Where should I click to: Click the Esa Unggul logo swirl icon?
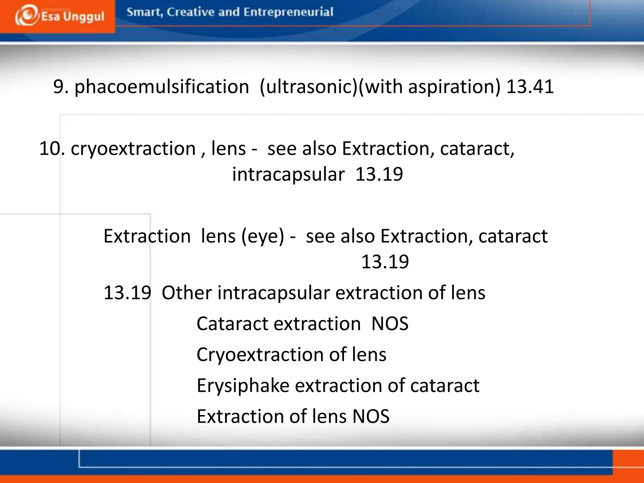(x=26, y=16)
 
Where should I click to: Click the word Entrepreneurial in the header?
(x=288, y=12)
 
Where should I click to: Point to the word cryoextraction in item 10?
(x=133, y=148)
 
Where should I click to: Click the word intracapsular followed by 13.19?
(x=288, y=174)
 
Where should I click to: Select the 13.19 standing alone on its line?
(x=385, y=262)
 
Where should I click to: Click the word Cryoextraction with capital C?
(x=260, y=354)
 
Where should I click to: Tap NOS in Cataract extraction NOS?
(x=390, y=324)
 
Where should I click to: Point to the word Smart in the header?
(x=144, y=12)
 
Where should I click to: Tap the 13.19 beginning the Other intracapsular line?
(x=127, y=292)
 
